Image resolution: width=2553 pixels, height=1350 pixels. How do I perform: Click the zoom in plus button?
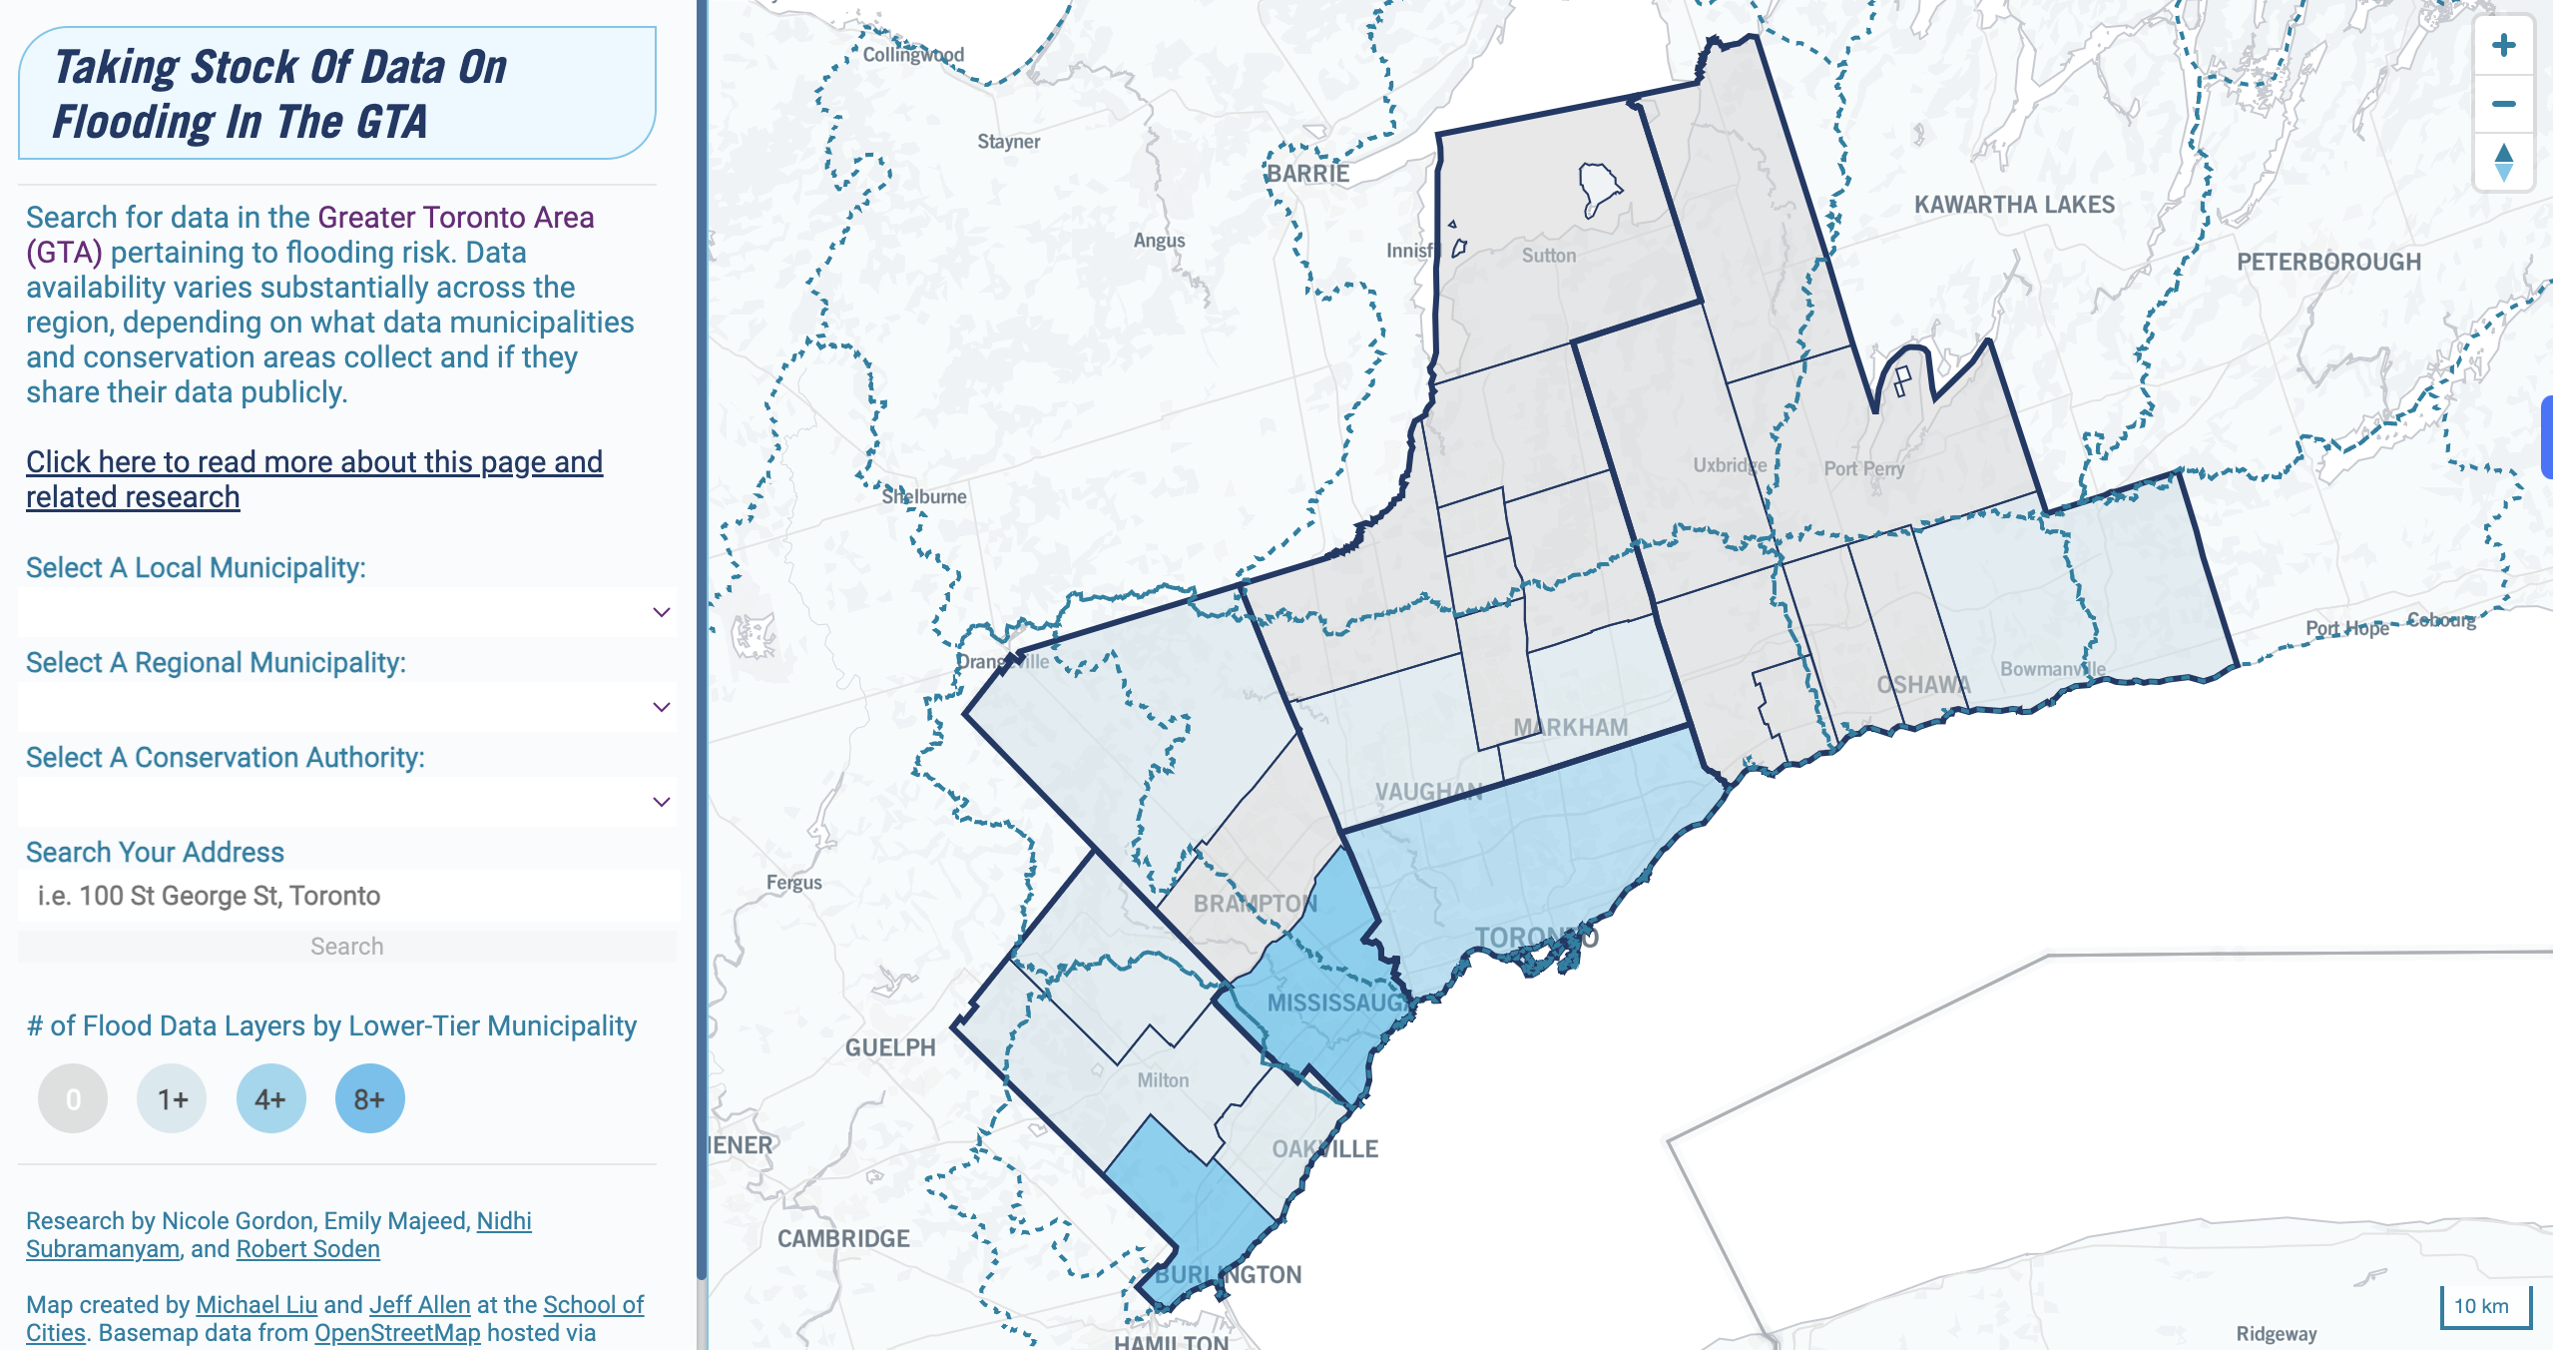coord(2503,46)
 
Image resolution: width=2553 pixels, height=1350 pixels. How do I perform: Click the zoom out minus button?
coord(2503,104)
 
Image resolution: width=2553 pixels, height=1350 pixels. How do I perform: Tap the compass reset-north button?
coord(2503,162)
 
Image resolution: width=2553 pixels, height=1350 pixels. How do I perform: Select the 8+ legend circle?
coord(369,1099)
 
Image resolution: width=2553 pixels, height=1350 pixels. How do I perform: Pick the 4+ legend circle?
coord(270,1099)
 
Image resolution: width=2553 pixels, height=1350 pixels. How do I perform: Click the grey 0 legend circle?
coord(73,1099)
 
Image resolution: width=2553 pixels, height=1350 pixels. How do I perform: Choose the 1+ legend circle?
coord(172,1099)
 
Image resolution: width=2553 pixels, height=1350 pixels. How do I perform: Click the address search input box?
coord(347,896)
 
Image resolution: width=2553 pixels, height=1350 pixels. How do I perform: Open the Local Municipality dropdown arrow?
coord(661,612)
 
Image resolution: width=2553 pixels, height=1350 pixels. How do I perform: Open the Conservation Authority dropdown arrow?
coord(661,802)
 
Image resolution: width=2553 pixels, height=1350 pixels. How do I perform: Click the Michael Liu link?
coord(256,1305)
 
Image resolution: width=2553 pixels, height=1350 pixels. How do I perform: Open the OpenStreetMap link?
coord(397,1333)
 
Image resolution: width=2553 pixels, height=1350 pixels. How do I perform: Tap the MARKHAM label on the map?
coord(1570,728)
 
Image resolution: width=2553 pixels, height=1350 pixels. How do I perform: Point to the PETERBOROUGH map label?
coord(2328,263)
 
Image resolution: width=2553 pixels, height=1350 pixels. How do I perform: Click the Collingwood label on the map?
coord(913,55)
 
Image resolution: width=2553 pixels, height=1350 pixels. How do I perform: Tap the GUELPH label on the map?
coord(890,1047)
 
